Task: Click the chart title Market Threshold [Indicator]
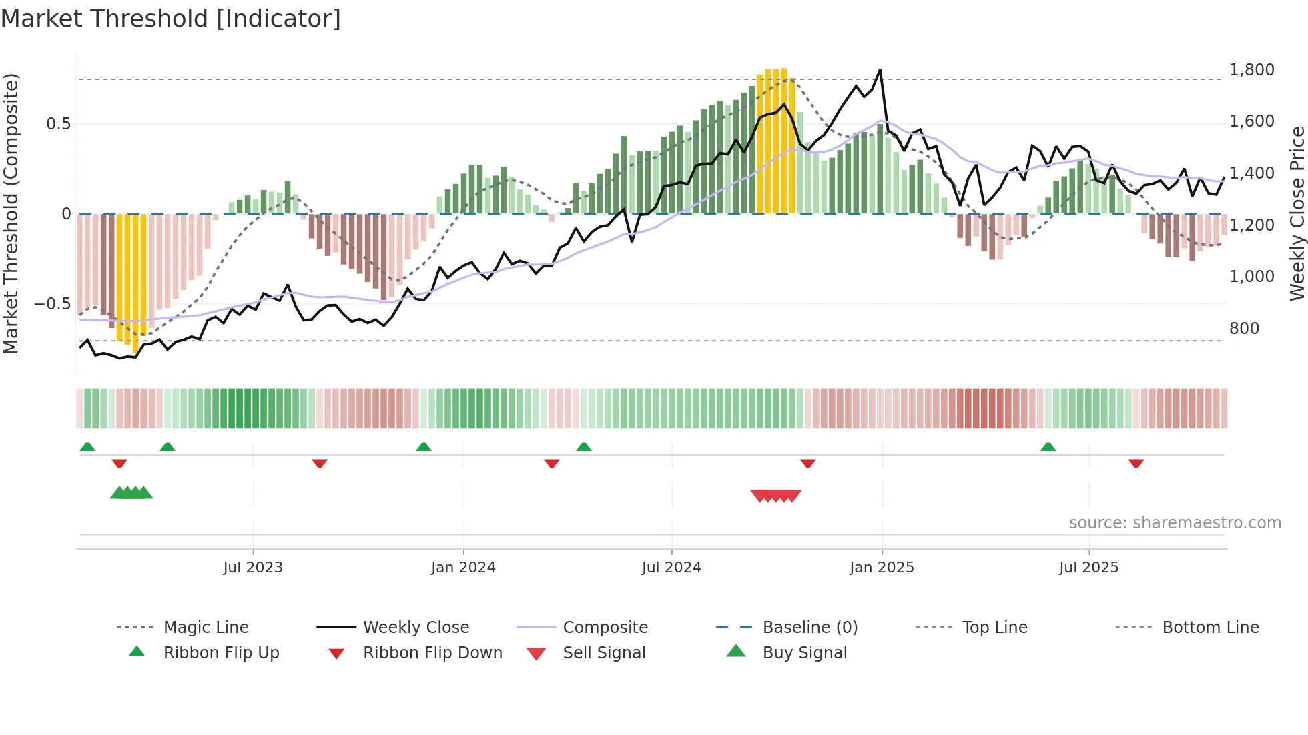point(171,19)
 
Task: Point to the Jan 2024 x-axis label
point(463,568)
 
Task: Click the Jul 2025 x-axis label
point(1088,568)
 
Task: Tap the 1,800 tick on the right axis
point(1251,70)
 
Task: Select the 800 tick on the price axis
point(1244,329)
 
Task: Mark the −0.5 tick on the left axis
point(52,304)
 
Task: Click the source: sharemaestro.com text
point(1175,523)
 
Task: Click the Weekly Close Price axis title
point(1297,213)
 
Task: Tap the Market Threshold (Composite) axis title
point(11,213)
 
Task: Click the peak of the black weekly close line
point(880,70)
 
